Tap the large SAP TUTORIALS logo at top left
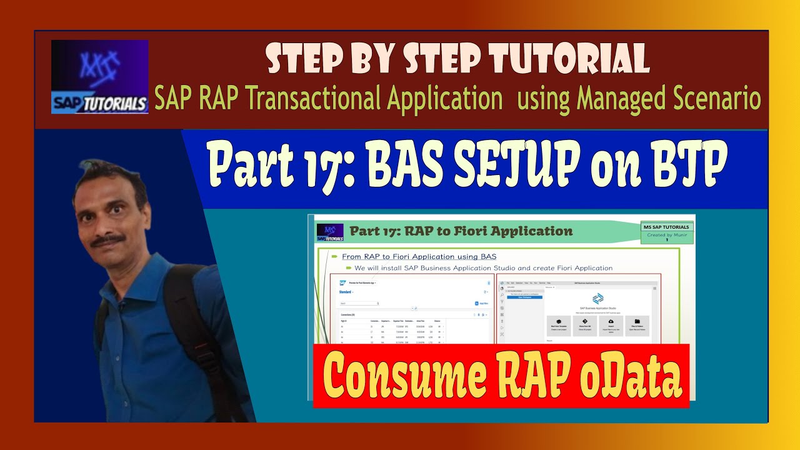[99, 77]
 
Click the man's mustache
[107, 241]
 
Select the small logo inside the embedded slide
[330, 232]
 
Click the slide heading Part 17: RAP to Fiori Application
[461, 231]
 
